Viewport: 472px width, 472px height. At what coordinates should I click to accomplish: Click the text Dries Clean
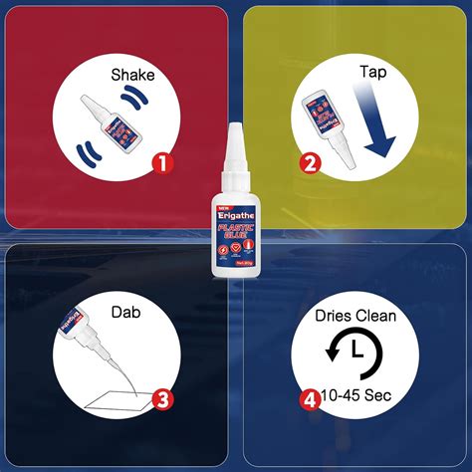(356, 316)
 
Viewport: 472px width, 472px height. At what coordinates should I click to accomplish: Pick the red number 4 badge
(311, 401)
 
